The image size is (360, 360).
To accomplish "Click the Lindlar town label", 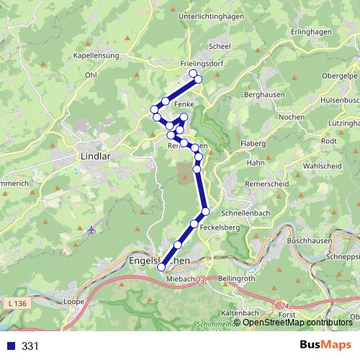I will click(94, 155).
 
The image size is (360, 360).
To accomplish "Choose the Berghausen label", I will click(265, 94).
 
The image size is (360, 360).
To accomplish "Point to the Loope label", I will click(75, 302).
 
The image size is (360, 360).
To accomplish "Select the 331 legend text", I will click(30, 346).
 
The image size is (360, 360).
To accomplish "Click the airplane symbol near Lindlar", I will click(91, 230).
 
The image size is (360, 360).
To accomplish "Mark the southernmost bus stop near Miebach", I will click(162, 267).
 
